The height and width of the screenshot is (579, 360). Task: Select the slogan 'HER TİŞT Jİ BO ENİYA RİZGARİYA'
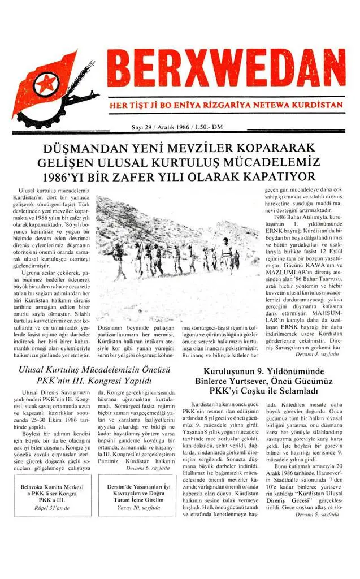point(186,106)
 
